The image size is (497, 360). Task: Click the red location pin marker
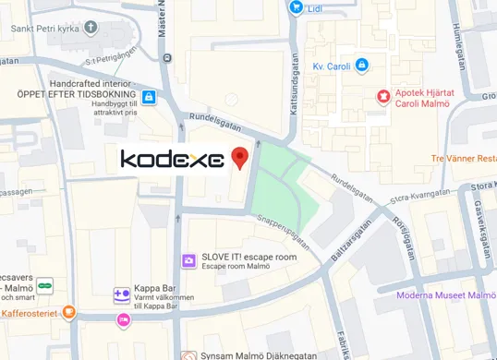[240, 157]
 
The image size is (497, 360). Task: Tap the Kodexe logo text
[173, 160]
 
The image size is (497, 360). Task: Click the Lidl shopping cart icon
[296, 7]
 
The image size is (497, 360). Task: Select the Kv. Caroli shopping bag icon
[361, 66]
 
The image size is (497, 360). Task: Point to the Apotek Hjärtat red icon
[382, 96]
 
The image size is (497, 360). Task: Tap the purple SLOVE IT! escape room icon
[188, 261]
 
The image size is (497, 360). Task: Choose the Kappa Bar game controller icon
[121, 295]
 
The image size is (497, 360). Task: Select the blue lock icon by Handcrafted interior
[148, 96]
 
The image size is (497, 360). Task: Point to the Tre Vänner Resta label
[464, 158]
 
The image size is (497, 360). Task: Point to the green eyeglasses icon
[44, 284]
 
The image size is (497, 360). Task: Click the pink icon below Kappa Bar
[123, 319]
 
